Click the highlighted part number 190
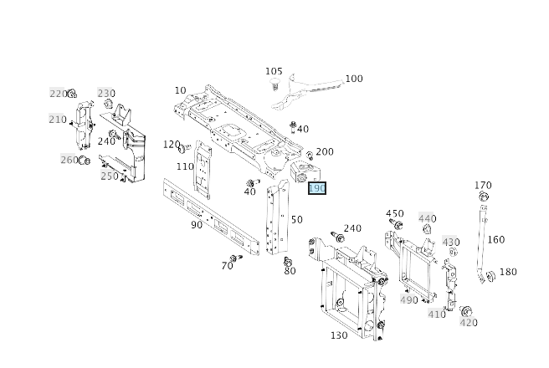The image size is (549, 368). (x=317, y=188)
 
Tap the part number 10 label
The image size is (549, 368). (x=181, y=90)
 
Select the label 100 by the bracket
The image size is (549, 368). (x=354, y=79)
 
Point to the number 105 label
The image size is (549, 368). (x=274, y=72)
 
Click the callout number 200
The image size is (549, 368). (x=324, y=151)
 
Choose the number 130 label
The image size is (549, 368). (x=339, y=335)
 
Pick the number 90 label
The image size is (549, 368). (x=197, y=224)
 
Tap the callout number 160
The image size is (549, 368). (x=496, y=239)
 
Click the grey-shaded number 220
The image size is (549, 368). (x=58, y=94)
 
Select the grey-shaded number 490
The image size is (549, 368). (x=408, y=300)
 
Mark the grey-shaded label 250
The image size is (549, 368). (x=110, y=176)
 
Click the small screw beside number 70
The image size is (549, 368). (x=238, y=259)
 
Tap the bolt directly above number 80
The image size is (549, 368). (x=289, y=260)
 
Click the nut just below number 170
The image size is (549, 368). (x=483, y=197)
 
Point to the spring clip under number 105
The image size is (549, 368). (x=273, y=85)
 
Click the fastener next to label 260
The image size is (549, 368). (x=84, y=160)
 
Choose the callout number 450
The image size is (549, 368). (x=394, y=213)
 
